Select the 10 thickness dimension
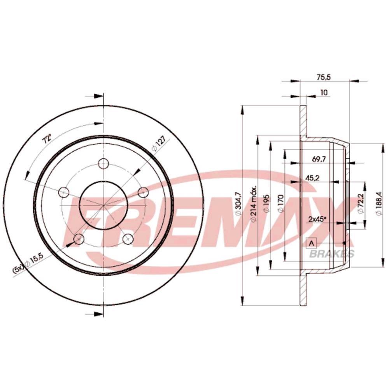tap(324, 92)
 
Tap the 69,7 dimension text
tap(320, 158)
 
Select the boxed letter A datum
tap(311, 244)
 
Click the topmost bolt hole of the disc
tap(103, 163)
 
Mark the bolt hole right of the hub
tap(144, 192)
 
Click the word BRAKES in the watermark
tap(331, 254)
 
